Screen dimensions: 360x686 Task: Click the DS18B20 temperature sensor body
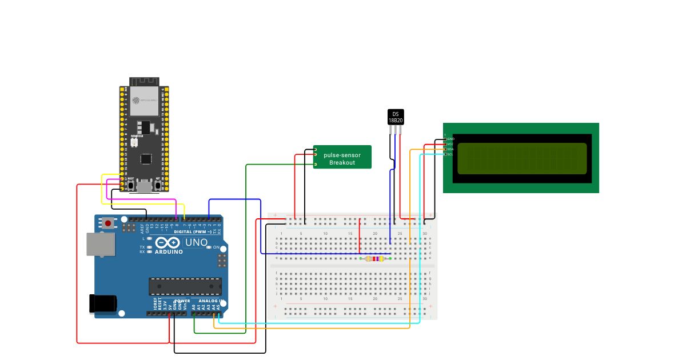396,117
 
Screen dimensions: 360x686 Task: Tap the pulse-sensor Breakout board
342,157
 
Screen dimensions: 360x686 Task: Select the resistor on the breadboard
374,259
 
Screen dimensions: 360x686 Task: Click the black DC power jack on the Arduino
103,303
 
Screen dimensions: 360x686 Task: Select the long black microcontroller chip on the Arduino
185,286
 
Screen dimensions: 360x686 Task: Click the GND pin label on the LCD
450,139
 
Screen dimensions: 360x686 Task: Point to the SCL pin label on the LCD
450,154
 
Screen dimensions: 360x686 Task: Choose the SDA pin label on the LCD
450,149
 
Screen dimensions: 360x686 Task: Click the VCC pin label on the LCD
450,144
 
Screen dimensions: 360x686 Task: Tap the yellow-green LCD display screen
522,158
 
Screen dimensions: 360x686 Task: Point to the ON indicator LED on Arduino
209,247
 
